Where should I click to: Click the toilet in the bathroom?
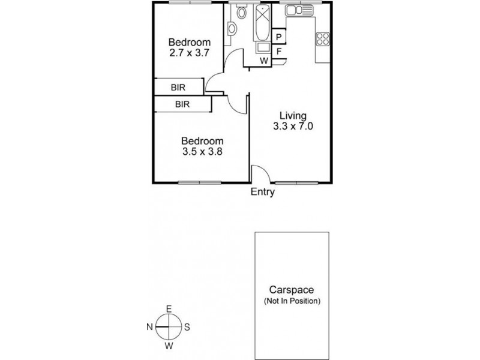click(x=241, y=12)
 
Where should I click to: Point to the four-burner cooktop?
click(x=323, y=39)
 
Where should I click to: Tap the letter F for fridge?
click(x=279, y=51)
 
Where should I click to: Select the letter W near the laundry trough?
click(x=263, y=61)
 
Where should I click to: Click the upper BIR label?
click(x=178, y=87)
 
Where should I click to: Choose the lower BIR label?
click(x=182, y=104)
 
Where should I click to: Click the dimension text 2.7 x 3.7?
click(x=189, y=53)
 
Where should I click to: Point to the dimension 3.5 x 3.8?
click(x=202, y=152)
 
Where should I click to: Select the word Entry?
click(x=263, y=193)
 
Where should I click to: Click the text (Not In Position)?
click(x=293, y=301)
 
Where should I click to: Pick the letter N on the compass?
click(x=149, y=327)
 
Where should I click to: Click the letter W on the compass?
click(x=169, y=346)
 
